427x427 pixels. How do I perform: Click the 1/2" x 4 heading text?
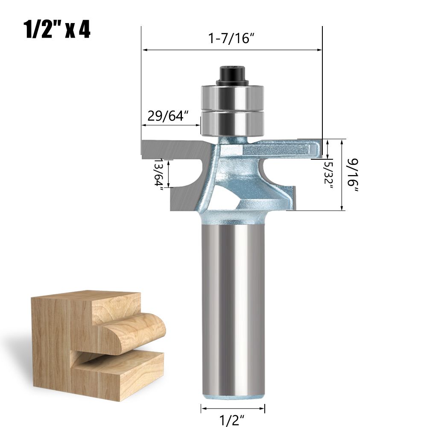pos(57,29)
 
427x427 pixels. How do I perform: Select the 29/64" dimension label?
pos(168,116)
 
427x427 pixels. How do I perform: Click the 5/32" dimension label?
pos(329,173)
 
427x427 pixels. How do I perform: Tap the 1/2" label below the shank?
pos(232,420)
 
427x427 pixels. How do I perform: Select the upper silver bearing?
pos(233,97)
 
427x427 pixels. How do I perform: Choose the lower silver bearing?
pos(233,123)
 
